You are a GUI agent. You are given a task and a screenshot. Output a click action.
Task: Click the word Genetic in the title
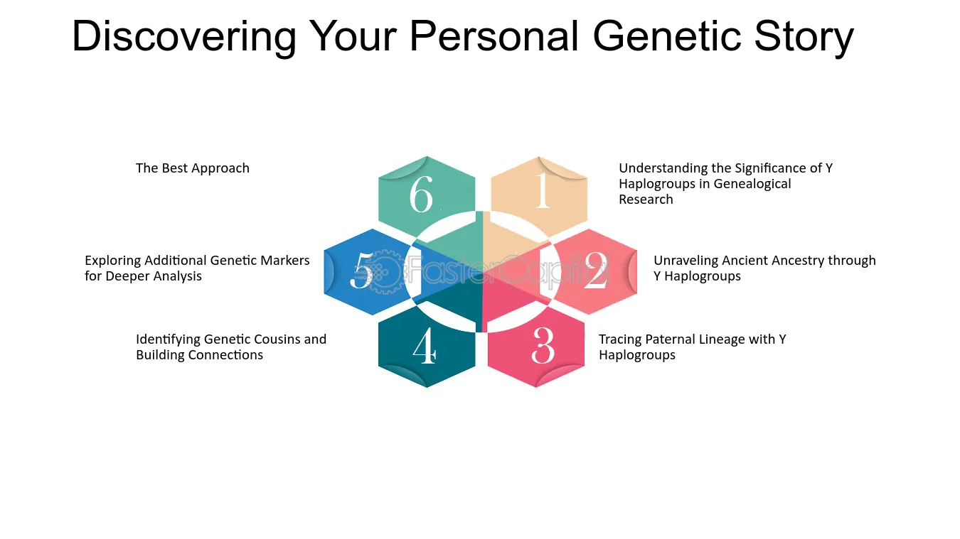tap(666, 36)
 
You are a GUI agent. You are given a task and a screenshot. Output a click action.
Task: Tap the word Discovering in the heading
tap(184, 38)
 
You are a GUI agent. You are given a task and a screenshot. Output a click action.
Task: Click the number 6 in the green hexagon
tap(421, 195)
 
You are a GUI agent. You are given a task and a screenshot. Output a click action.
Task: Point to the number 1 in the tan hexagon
tap(542, 190)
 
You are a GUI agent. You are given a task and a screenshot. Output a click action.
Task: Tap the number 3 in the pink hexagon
tap(543, 345)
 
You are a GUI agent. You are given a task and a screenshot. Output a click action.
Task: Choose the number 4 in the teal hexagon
tap(425, 346)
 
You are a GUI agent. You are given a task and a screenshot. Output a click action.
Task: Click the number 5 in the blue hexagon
tap(361, 270)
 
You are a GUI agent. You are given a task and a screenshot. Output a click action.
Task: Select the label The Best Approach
tap(193, 168)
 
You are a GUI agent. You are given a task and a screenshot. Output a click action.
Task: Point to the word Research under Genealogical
tap(646, 199)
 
